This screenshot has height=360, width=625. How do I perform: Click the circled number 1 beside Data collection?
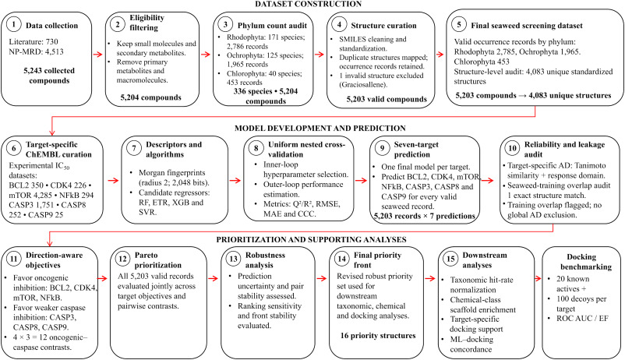coord(14,25)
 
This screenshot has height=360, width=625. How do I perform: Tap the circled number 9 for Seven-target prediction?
coord(383,148)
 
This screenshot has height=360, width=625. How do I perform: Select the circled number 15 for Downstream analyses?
coord(450,259)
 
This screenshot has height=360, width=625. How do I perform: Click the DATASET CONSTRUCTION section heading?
coord(308,4)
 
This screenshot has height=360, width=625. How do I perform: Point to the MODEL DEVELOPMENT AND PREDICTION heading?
coord(320,129)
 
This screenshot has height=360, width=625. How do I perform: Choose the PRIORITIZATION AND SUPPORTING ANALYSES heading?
coord(311,239)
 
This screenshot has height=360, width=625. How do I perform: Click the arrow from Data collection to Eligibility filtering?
coord(98,55)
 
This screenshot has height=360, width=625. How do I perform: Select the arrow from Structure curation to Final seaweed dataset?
coord(440,55)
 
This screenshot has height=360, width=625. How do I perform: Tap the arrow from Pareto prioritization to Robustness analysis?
coord(214,278)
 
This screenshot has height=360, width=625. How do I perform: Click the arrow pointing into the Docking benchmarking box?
coord(537,278)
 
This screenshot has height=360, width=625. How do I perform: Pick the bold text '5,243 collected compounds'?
coord(49,76)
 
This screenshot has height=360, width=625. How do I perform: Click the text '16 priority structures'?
coord(378,336)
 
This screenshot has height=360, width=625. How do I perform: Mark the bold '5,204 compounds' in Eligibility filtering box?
coord(150,97)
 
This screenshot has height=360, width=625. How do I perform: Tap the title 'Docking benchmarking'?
coord(581,262)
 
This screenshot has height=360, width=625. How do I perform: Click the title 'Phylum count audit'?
coord(272,26)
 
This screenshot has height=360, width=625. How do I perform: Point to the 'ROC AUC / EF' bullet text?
coord(583,318)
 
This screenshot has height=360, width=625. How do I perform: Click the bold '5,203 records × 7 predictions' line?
coord(425,216)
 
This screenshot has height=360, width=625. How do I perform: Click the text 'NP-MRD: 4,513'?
coord(36,51)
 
